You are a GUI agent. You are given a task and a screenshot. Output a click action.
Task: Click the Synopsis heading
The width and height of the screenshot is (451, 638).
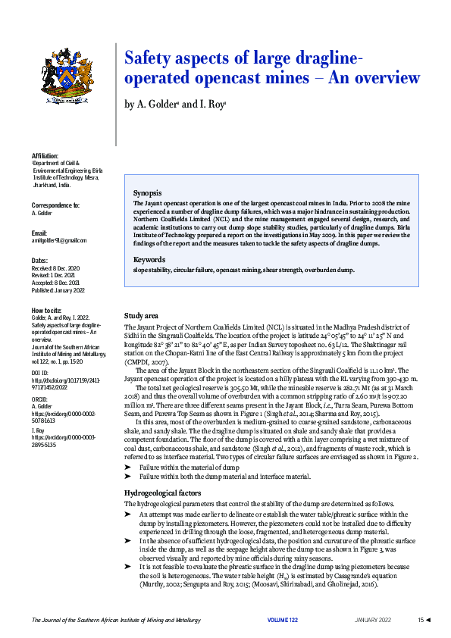(x=147, y=193)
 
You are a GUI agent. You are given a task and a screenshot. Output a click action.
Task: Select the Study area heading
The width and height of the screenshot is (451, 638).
(x=142, y=315)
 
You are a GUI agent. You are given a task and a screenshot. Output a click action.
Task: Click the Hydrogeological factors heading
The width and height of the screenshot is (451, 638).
(x=162, y=493)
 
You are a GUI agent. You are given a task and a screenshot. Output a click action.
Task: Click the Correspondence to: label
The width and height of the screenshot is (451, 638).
(x=55, y=205)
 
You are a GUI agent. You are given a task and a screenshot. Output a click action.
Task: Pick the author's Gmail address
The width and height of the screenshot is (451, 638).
(x=58, y=240)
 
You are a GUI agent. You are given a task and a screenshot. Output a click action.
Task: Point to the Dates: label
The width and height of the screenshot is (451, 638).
(x=39, y=261)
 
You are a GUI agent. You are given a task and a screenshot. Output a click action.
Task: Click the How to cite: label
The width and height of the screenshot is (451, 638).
(x=47, y=311)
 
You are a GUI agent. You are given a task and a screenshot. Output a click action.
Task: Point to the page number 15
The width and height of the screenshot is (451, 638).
(x=421, y=621)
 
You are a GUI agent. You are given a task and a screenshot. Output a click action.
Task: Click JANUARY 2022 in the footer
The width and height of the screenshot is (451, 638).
(x=373, y=621)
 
